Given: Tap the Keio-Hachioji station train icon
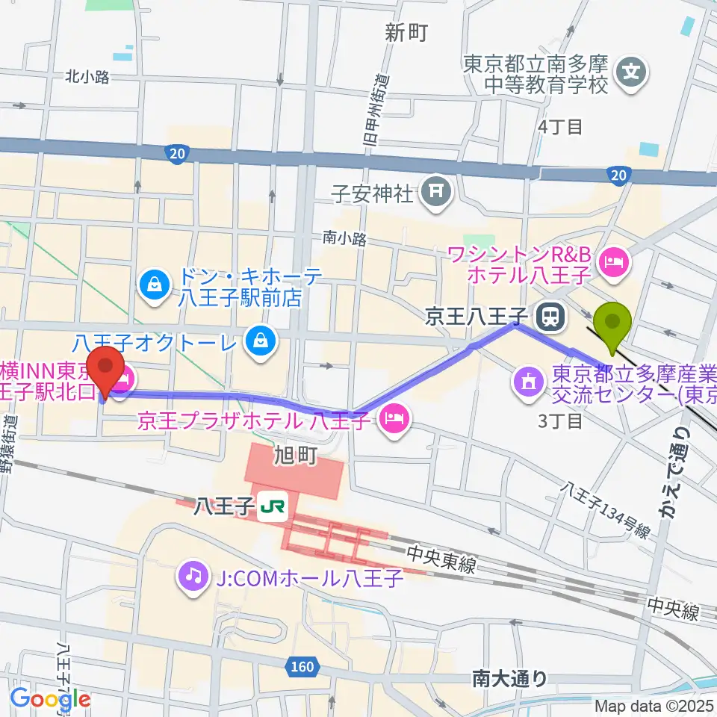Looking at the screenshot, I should click(550, 317).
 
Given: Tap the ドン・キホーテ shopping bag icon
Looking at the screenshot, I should click(154, 285).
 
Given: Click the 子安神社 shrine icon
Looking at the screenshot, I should click(434, 193).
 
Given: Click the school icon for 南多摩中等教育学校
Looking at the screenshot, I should click(632, 73).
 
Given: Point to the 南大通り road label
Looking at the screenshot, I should click(510, 679).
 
